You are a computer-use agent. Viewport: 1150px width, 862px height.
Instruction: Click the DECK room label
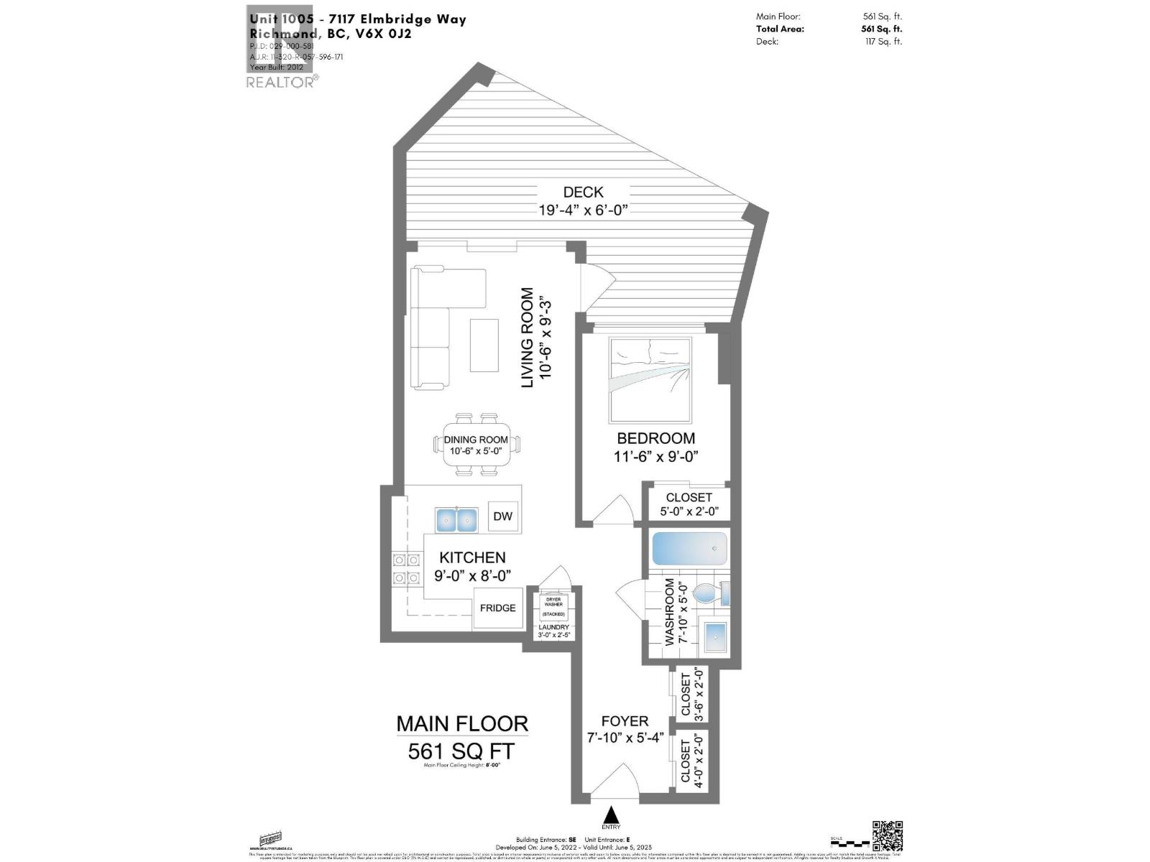583,193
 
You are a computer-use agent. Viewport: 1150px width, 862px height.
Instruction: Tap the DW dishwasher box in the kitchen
502,516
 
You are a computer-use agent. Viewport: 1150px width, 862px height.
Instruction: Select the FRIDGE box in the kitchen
497,608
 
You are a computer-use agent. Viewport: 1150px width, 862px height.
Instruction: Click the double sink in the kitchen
456,519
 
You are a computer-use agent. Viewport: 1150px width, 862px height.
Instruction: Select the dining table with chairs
476,445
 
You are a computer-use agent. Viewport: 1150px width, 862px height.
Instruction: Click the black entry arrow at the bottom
611,815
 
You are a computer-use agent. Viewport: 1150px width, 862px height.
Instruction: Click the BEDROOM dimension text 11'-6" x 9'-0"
655,456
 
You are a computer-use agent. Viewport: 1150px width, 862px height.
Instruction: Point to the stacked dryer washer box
553,607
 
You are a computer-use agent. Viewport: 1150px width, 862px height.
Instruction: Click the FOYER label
625,721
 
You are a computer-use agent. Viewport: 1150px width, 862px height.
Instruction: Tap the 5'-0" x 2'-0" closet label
689,511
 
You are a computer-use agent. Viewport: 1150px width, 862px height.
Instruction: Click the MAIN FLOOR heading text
462,723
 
